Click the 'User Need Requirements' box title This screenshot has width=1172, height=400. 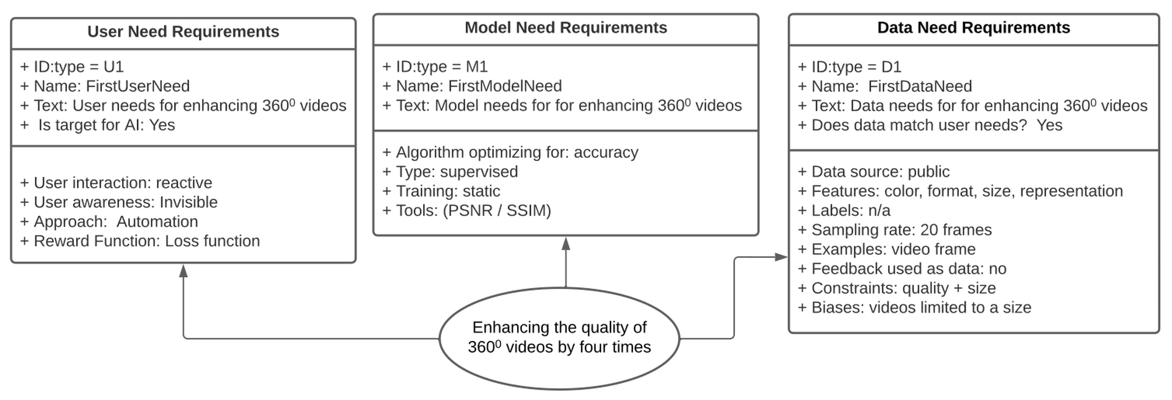click(x=183, y=32)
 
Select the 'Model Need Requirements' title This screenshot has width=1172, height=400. click(x=566, y=28)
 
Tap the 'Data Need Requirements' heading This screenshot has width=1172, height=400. click(x=974, y=28)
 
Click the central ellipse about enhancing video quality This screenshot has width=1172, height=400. click(x=559, y=337)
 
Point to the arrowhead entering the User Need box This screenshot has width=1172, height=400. click(x=183, y=270)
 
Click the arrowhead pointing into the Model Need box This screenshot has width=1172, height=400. click(x=566, y=244)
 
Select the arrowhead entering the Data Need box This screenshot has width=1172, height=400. click(x=781, y=257)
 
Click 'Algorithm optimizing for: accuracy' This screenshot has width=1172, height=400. click(x=510, y=152)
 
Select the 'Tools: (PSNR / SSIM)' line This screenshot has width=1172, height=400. click(x=466, y=210)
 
